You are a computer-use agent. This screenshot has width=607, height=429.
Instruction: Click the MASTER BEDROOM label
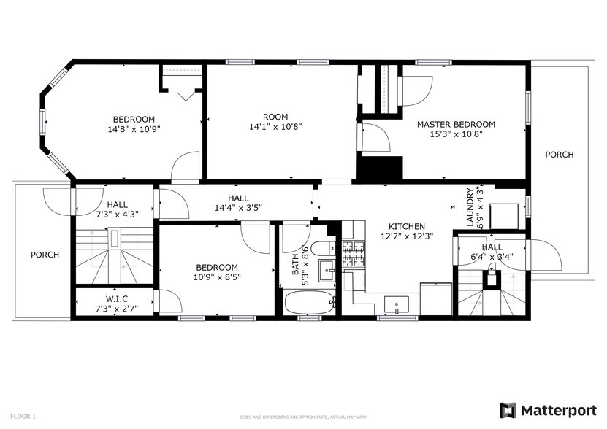coord(456,124)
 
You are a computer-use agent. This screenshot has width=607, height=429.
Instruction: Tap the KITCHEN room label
coord(406,227)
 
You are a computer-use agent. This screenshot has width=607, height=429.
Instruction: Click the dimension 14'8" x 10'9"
coord(134,129)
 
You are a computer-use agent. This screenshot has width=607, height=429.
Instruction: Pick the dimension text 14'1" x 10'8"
coord(275,126)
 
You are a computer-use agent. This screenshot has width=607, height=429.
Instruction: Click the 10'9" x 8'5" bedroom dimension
coord(217,277)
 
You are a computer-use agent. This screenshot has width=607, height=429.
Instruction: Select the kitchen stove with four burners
coord(354,255)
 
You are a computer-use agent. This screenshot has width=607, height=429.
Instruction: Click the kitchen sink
coord(398,304)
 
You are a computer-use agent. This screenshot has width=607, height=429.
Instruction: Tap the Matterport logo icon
coord(508,410)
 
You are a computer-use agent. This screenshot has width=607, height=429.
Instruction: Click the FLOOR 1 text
coord(23,416)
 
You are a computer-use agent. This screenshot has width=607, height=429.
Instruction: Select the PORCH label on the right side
coord(559,155)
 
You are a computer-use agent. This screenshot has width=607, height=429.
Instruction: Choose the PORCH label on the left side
coord(45,255)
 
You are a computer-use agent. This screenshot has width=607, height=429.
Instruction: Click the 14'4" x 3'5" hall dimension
coord(238,208)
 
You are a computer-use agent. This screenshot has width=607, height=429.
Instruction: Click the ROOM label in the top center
coord(275,117)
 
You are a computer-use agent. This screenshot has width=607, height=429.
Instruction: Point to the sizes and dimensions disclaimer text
coord(303,417)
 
